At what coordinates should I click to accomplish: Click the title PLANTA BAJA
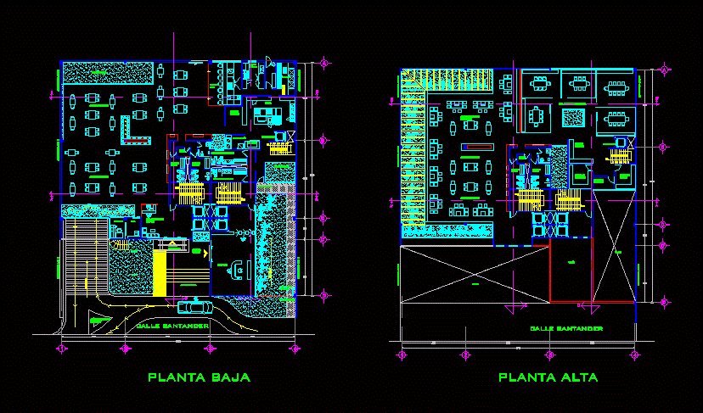click(x=200, y=377)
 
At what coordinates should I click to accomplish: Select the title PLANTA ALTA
click(x=548, y=377)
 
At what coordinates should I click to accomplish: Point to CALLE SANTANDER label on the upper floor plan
click(x=566, y=328)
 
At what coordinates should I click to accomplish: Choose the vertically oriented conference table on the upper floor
click(x=537, y=114)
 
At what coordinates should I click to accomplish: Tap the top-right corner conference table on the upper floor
click(x=616, y=84)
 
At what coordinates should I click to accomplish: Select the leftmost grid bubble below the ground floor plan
click(x=62, y=349)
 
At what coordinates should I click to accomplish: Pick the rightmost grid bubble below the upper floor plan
click(x=634, y=354)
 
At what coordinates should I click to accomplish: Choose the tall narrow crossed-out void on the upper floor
click(x=614, y=247)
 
